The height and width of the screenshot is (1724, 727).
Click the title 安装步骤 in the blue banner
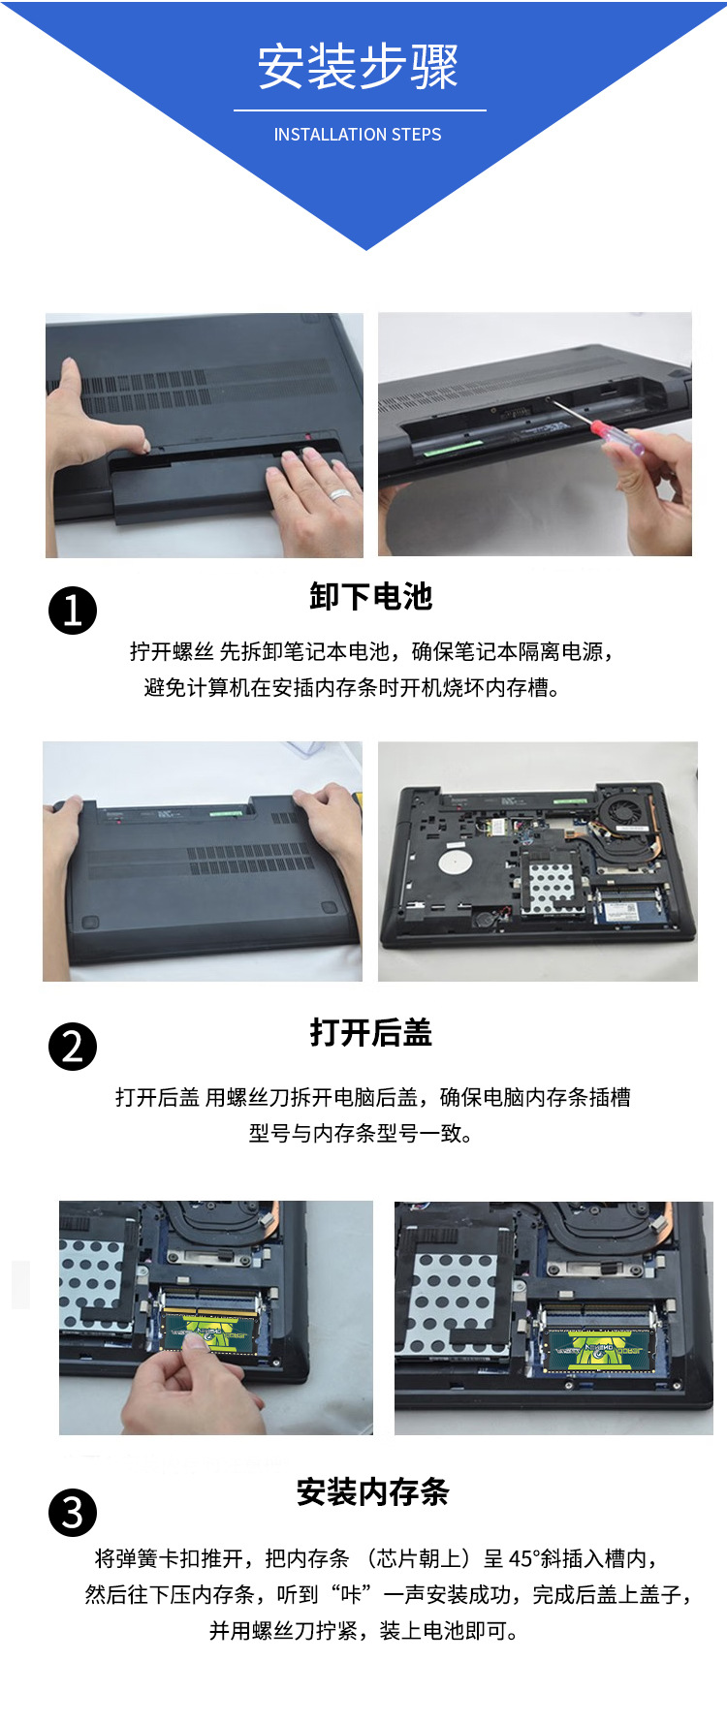358,67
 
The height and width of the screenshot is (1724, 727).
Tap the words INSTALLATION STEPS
358,135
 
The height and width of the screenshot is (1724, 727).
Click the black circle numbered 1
73,611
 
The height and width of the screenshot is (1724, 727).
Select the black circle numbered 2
73,1047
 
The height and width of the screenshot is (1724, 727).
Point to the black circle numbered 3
73,1513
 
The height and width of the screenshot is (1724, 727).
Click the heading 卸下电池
371,597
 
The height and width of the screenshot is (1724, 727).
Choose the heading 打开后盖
371,1033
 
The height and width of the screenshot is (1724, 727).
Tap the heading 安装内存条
373,1492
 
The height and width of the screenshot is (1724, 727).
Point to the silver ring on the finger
339,495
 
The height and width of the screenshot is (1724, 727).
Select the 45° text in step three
524,1558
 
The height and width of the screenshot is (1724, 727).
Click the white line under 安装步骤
360,110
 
